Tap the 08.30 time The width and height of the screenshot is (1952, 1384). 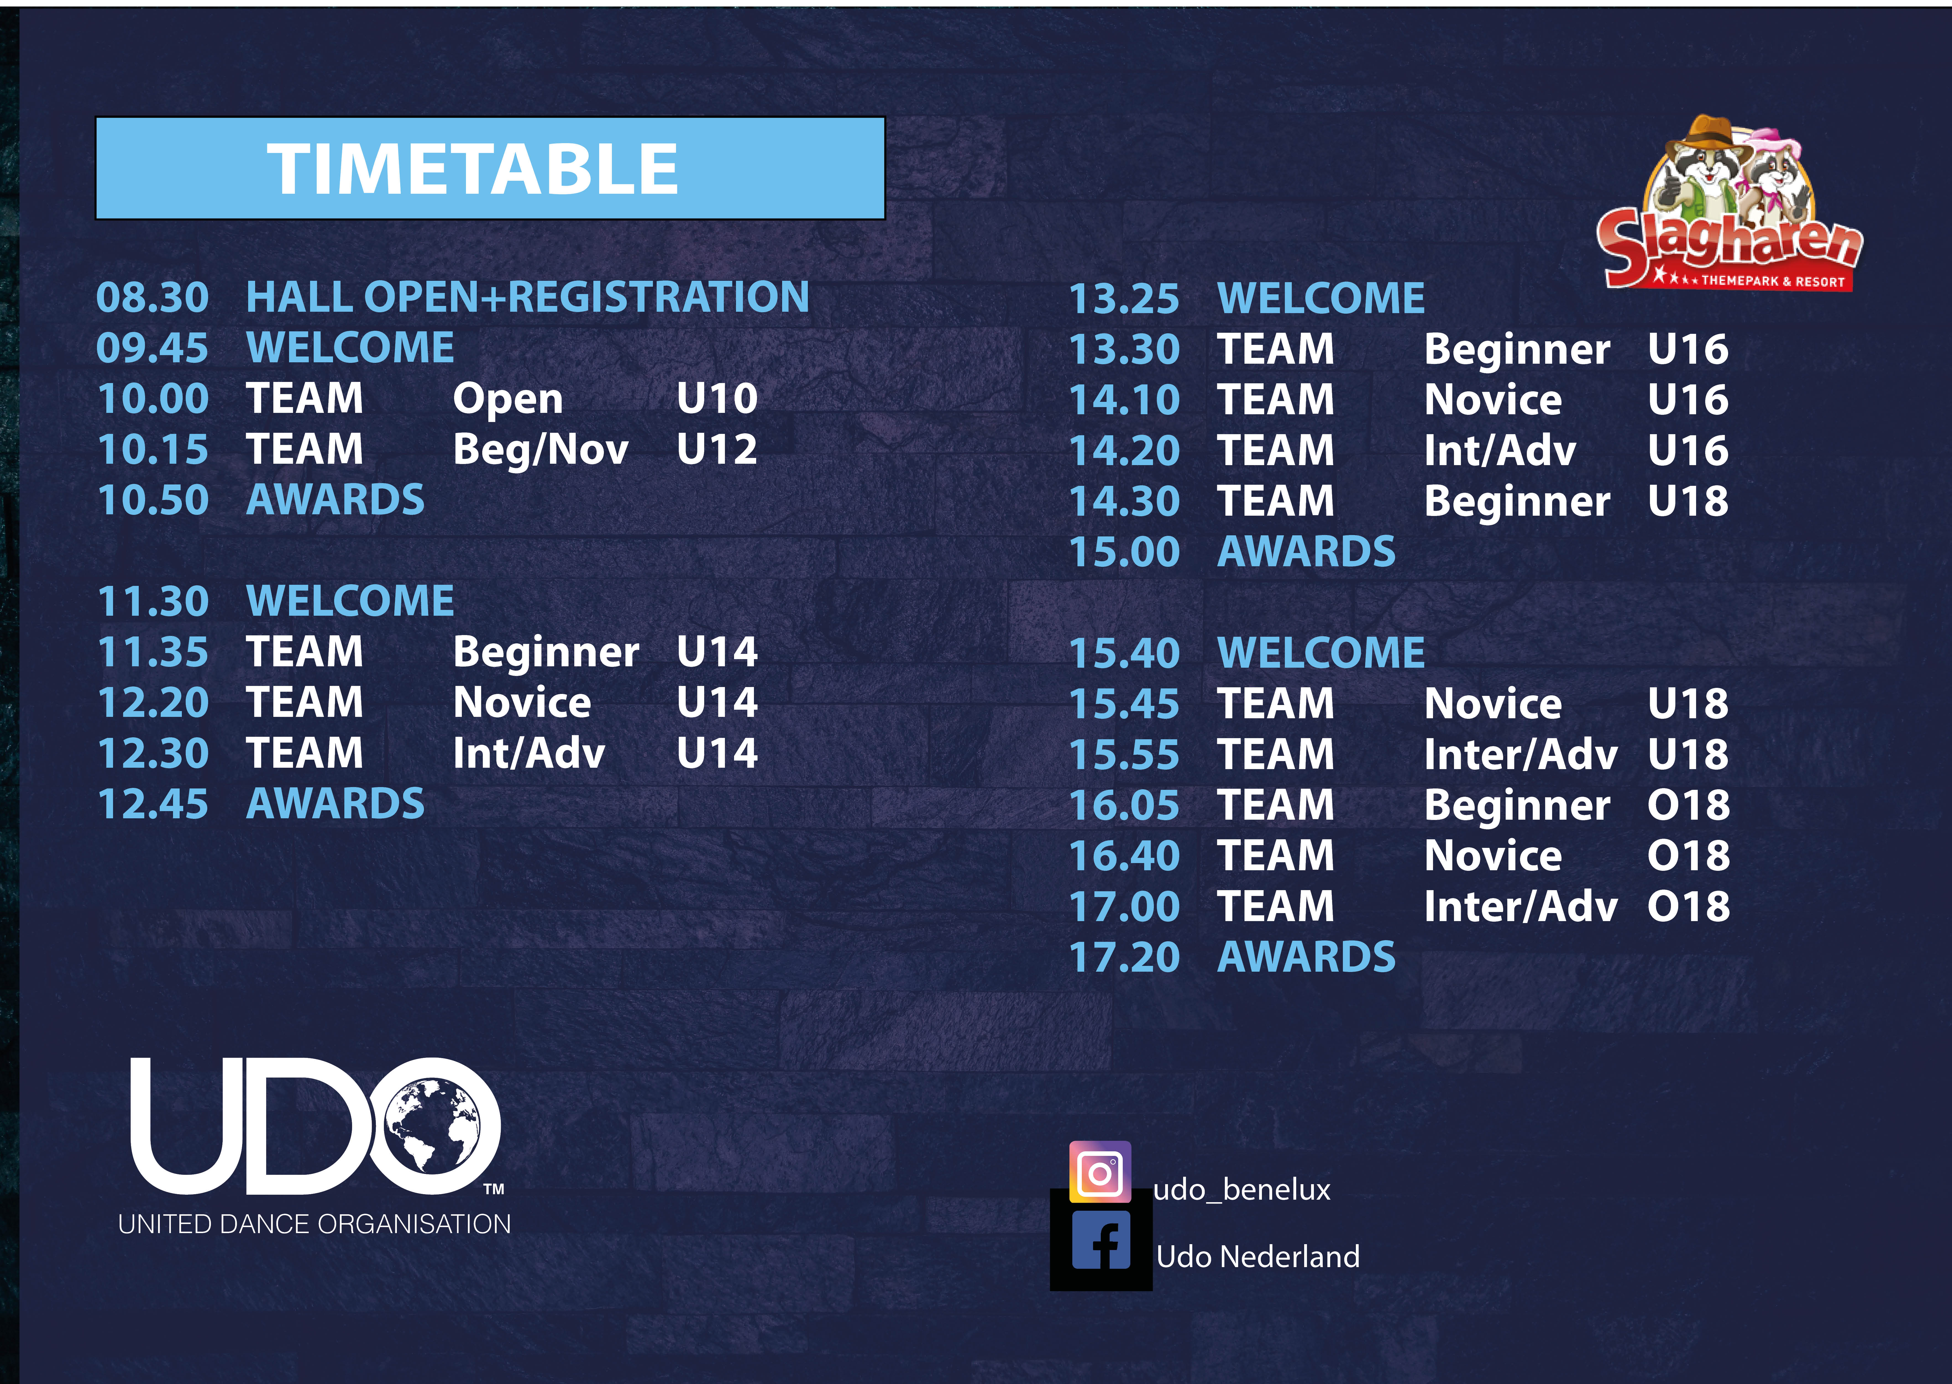pos(153,297)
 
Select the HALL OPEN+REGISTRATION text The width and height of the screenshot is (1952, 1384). pos(527,297)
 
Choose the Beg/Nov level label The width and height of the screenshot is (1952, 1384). pos(540,450)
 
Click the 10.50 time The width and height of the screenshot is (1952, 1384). pos(153,500)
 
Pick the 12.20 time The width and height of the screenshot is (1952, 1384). pos(153,703)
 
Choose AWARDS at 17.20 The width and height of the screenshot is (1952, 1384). pos(1306,957)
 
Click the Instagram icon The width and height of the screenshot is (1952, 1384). pos(1100,1172)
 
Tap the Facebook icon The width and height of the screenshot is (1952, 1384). pos(1101,1240)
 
